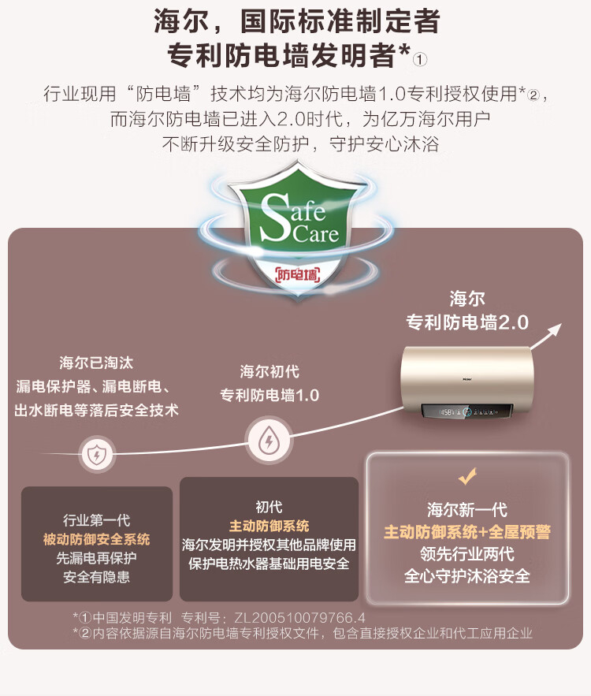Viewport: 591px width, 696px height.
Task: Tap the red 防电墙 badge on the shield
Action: pyautogui.click(x=298, y=275)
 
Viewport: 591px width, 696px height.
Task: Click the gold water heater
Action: pyautogui.click(x=467, y=382)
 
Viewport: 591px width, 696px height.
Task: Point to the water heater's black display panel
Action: pyautogui.click(x=466, y=411)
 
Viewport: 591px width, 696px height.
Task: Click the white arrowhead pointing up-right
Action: pyautogui.click(x=554, y=331)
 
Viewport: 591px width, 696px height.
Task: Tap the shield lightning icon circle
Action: pyautogui.click(x=97, y=455)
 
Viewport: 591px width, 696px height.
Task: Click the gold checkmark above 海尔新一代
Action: pyautogui.click(x=467, y=476)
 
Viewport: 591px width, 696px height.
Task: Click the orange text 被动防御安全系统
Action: pyautogui.click(x=96, y=539)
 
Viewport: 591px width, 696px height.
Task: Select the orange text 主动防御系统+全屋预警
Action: pyautogui.click(x=467, y=532)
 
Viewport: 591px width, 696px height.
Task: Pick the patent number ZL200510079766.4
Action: pyautogui.click(x=299, y=617)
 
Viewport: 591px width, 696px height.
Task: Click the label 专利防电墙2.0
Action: pyautogui.click(x=467, y=322)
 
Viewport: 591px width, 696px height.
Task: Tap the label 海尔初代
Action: pyautogui.click(x=269, y=371)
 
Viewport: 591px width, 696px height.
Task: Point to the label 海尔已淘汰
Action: pyautogui.click(x=96, y=363)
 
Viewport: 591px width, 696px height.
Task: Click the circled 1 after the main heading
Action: pyautogui.click(x=420, y=59)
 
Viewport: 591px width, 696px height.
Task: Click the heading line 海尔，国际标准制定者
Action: pyautogui.click(x=297, y=21)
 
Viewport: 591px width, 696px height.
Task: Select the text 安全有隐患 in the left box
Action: pyautogui.click(x=96, y=577)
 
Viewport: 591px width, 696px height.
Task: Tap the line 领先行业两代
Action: pyautogui.click(x=467, y=554)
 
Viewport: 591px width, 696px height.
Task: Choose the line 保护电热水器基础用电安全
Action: pyautogui.click(x=269, y=564)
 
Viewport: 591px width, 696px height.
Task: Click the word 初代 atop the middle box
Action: pyautogui.click(x=269, y=507)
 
